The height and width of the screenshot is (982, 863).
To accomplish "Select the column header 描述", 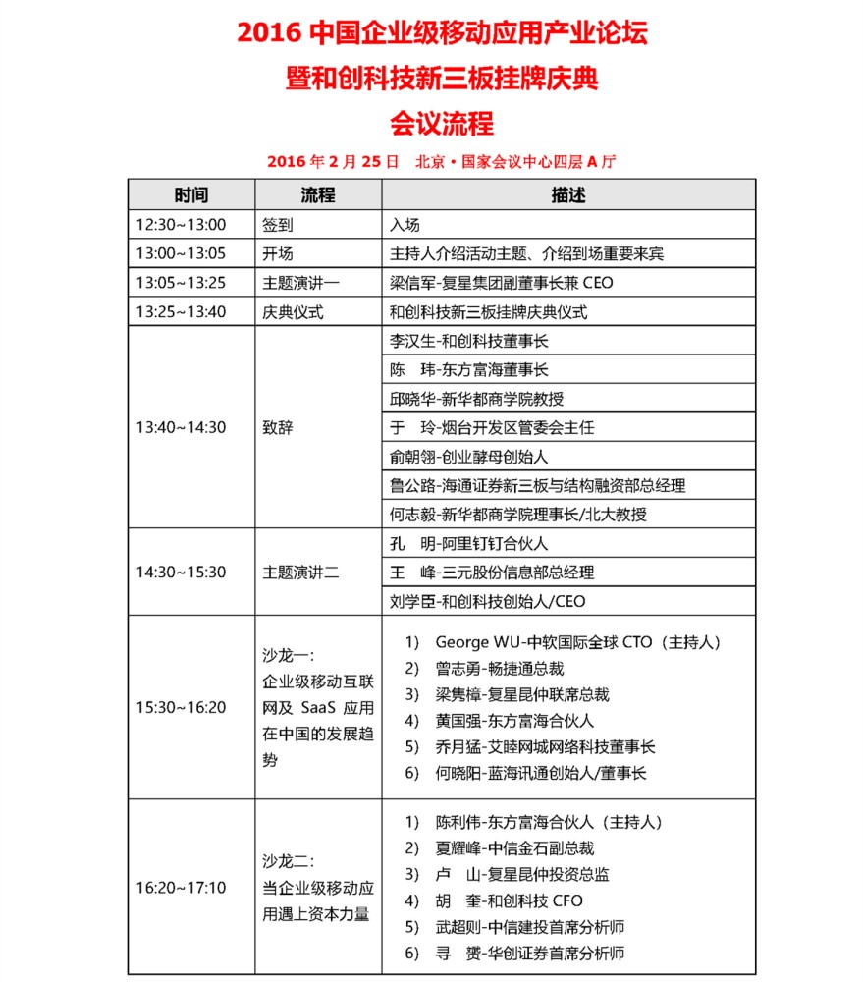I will click(568, 195).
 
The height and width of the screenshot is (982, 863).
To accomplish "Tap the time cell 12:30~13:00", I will click(181, 225).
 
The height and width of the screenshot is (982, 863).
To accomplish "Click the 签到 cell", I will click(278, 225).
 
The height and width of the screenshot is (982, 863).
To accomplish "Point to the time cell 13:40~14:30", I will click(181, 427).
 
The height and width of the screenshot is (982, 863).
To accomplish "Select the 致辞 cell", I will click(278, 427).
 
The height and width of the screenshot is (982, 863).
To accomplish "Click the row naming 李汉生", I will click(469, 342).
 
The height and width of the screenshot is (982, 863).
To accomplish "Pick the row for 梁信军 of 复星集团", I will click(502, 283).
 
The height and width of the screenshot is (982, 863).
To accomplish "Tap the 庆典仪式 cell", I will click(293, 312).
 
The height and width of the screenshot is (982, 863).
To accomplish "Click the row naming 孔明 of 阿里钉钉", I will click(469, 543).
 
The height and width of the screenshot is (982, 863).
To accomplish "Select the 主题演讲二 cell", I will click(300, 573).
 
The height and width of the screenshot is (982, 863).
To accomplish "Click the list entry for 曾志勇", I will click(499, 669).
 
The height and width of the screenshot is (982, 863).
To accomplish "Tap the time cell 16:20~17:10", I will click(181, 888).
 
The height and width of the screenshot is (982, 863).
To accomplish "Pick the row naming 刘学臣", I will click(488, 601).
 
